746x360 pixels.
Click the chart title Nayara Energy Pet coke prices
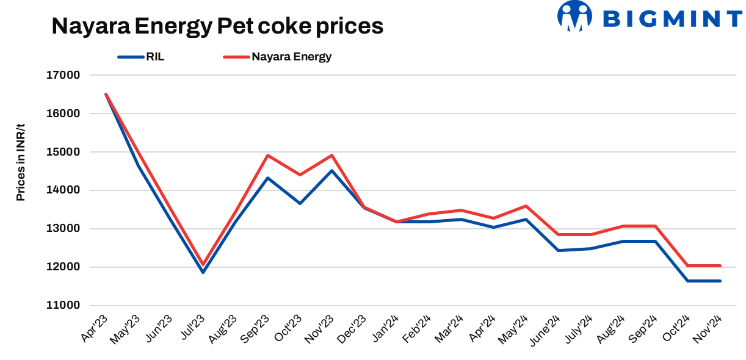[x=217, y=26]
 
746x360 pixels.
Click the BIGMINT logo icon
[x=575, y=16]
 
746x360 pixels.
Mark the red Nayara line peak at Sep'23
[x=267, y=155]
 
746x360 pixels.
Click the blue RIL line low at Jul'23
[x=203, y=272]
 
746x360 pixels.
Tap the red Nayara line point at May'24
[x=526, y=206]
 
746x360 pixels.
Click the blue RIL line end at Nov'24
[x=720, y=281]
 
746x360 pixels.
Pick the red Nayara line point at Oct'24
[x=688, y=265]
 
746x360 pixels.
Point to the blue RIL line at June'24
[x=559, y=250]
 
